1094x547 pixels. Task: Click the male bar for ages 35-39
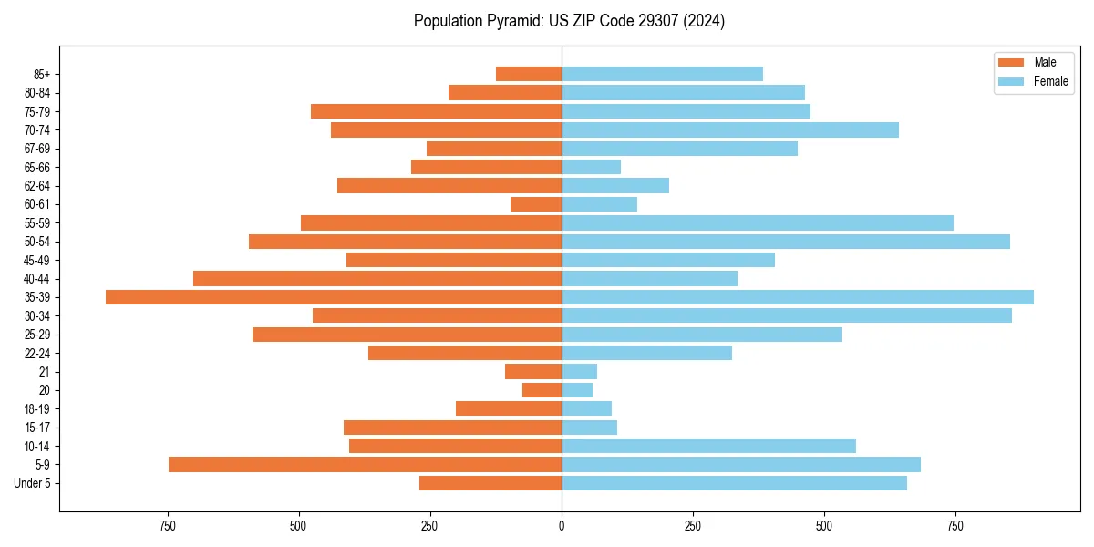[x=334, y=297]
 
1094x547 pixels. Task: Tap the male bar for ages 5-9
[x=365, y=464]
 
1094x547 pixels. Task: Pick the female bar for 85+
[x=662, y=74]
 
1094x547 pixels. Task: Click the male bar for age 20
[x=542, y=390]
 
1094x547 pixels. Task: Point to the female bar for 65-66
[x=591, y=167]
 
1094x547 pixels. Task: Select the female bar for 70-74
[x=729, y=129]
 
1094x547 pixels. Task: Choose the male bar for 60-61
[x=536, y=204]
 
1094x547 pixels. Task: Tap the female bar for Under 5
[x=734, y=483]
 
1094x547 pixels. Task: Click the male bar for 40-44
[x=377, y=278]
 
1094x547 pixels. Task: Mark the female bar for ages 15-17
[x=589, y=428]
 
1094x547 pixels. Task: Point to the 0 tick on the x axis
[x=562, y=526]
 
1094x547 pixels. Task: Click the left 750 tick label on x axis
[x=167, y=526]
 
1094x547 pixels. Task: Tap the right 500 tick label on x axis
[x=824, y=526]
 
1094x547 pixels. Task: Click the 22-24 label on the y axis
[x=37, y=353]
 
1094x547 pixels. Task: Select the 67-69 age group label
[x=37, y=149]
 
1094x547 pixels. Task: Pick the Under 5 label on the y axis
[x=33, y=483]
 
